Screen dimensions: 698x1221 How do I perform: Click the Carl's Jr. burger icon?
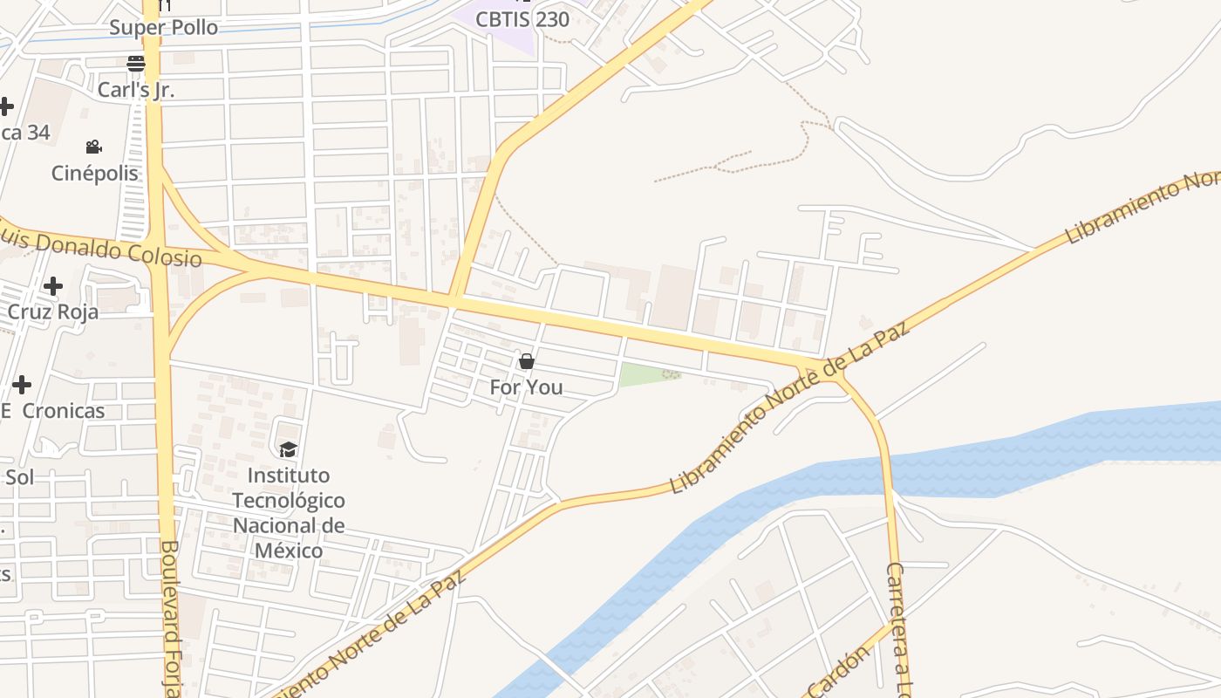tap(135, 63)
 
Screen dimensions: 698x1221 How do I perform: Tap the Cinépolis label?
tap(95, 173)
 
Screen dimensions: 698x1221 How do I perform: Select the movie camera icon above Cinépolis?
tap(94, 147)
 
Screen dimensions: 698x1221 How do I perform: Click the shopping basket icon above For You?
tap(526, 361)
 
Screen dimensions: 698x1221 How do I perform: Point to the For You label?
tap(526, 387)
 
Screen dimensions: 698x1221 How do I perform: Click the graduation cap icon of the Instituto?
tap(288, 449)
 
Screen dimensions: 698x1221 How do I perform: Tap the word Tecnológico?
tap(289, 501)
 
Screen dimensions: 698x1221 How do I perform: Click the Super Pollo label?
tap(163, 28)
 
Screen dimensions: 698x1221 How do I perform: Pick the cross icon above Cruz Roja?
tap(53, 286)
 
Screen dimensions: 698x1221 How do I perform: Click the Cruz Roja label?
tap(53, 311)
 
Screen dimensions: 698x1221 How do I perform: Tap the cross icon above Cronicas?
tap(22, 384)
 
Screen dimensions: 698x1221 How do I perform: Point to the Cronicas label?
tap(63, 410)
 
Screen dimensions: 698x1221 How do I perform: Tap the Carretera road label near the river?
tap(898, 628)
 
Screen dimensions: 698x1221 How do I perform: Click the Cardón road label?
tap(839, 672)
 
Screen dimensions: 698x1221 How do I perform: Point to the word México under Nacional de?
tap(289, 551)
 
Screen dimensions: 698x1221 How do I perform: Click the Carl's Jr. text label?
tap(136, 89)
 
